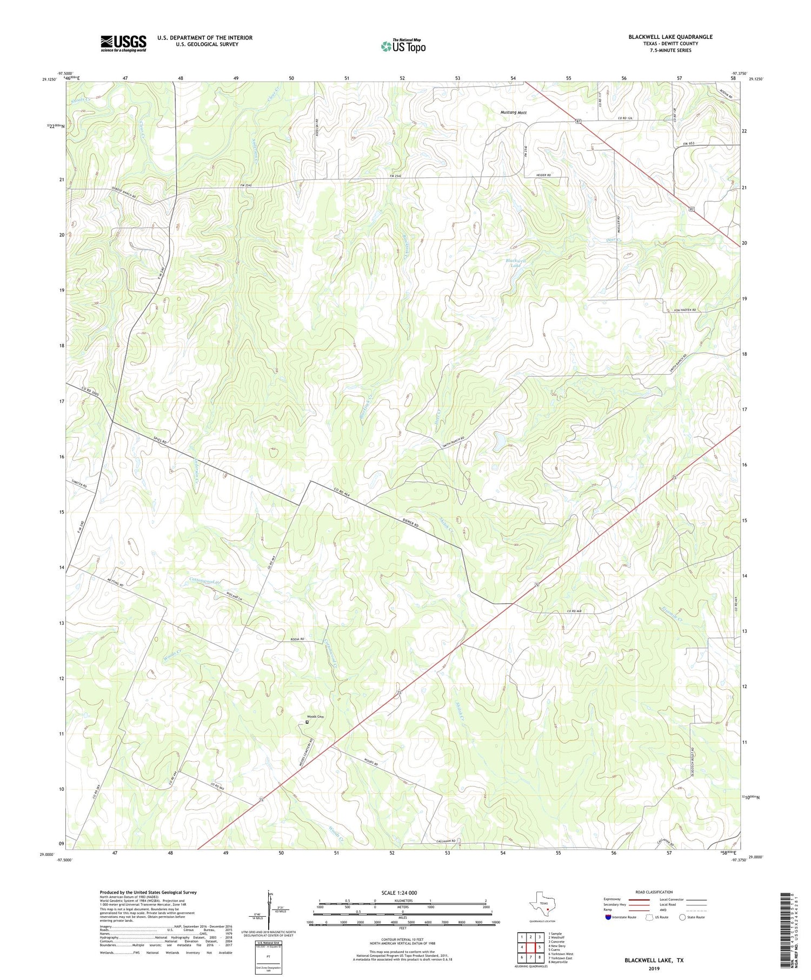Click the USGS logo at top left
click(x=123, y=43)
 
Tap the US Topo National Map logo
click(x=403, y=46)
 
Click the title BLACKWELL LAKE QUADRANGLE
click(x=670, y=37)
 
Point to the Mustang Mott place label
click(x=513, y=112)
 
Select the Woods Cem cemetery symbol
click(x=307, y=722)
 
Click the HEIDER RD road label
click(x=543, y=175)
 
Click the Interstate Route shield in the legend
click(x=608, y=917)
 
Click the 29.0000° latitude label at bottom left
click(x=48, y=855)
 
